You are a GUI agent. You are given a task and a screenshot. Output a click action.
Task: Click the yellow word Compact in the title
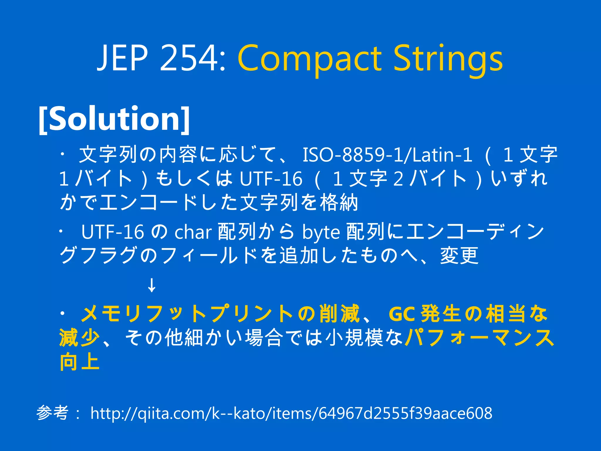coord(310,59)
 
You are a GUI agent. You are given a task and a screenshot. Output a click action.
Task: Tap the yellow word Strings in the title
coord(448,59)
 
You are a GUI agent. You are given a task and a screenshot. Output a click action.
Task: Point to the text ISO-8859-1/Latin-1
coord(387,155)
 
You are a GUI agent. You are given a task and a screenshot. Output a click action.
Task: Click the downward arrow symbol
coord(152,285)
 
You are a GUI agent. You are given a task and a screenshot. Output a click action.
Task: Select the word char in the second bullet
coord(193,232)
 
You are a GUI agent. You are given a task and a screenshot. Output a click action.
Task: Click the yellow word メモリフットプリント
coord(187,314)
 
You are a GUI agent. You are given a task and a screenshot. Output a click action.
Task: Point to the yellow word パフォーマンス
coord(480,338)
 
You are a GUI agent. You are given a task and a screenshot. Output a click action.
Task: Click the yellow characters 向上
coord(80,362)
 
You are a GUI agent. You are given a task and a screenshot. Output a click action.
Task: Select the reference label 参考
coord(53,413)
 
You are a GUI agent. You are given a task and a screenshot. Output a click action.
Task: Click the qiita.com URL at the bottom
coord(291,413)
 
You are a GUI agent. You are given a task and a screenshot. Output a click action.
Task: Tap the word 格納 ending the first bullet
coord(339,203)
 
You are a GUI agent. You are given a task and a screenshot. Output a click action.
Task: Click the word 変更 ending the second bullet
coord(459,256)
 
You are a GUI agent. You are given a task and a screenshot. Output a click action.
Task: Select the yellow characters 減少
coord(80,338)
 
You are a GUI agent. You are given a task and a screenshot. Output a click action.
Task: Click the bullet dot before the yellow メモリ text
coord(62,313)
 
